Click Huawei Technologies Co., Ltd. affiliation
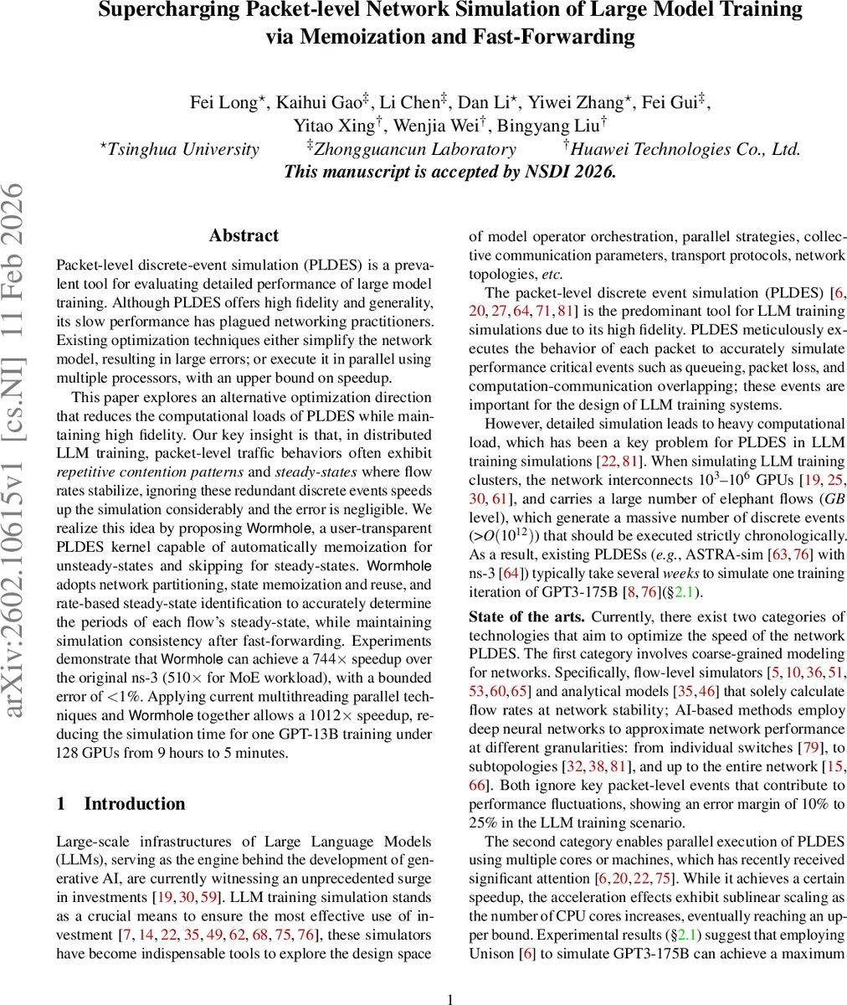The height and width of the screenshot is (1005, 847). click(686, 150)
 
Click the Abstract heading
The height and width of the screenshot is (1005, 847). click(244, 236)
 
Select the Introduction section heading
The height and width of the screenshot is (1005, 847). click(135, 804)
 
